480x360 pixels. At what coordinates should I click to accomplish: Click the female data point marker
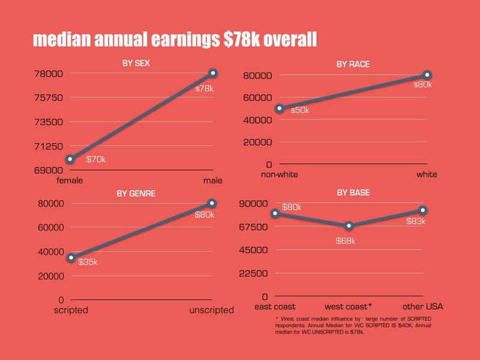click(x=70, y=159)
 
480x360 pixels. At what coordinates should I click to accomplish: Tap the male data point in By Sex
click(x=213, y=73)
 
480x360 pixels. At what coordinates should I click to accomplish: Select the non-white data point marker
click(x=279, y=109)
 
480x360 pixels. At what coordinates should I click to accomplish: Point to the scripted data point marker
click(x=71, y=257)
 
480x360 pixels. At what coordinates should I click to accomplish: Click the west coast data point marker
click(x=349, y=226)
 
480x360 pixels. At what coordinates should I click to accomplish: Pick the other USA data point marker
click(x=423, y=210)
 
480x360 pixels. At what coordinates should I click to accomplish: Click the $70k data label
click(x=96, y=160)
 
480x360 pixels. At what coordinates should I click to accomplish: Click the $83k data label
click(x=415, y=221)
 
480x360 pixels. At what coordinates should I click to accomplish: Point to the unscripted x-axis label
click(x=212, y=310)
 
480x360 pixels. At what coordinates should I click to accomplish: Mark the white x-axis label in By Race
click(x=427, y=175)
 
